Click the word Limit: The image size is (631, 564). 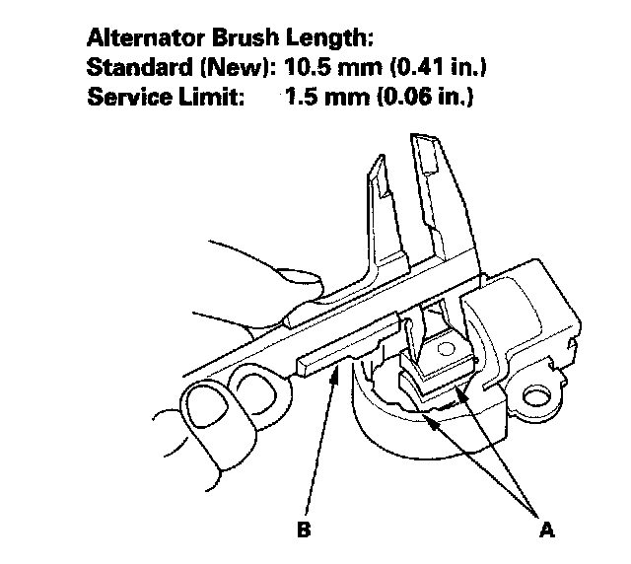tap(202, 100)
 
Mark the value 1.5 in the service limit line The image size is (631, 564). tap(300, 100)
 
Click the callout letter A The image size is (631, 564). tap(546, 529)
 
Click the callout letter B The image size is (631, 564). tap(304, 529)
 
